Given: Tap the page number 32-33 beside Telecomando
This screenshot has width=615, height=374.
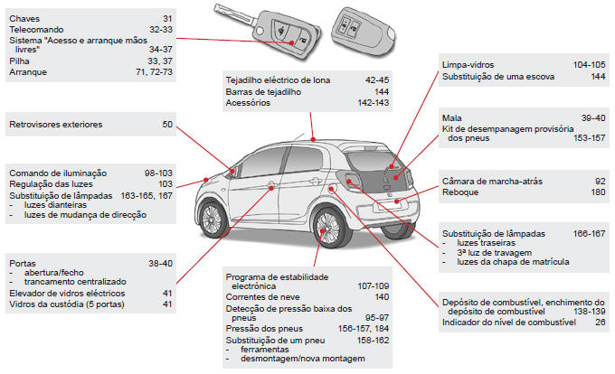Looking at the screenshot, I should click(159, 30).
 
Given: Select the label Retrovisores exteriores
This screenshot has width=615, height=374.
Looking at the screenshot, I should click(55, 125).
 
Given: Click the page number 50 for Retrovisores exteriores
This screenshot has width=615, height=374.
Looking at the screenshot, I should click(166, 125).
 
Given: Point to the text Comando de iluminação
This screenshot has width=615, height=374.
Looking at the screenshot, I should click(58, 173).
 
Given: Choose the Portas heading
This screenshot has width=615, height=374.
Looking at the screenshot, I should click(24, 262).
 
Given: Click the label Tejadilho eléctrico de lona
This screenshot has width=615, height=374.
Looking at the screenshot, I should click(278, 80).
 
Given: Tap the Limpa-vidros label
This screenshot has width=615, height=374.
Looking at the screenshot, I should click(471, 66).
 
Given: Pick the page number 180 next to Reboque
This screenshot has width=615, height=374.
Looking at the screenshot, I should click(598, 192).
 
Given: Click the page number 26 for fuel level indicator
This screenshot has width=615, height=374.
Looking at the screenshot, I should click(600, 323).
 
